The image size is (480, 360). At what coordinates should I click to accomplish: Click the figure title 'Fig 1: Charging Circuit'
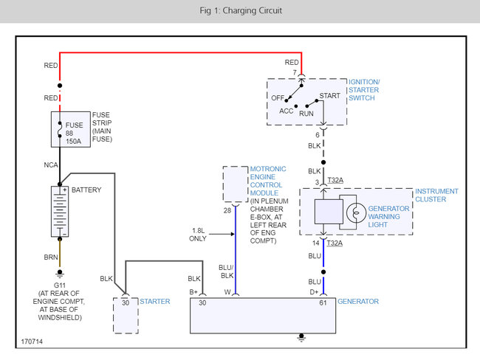(x=239, y=11)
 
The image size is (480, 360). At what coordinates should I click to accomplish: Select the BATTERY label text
(x=86, y=190)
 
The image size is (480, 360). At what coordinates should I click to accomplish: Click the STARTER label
(x=155, y=301)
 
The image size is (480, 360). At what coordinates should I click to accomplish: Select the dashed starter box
(x=125, y=314)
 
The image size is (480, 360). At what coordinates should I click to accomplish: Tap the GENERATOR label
(x=357, y=301)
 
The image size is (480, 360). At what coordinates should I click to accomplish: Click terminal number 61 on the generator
(x=323, y=302)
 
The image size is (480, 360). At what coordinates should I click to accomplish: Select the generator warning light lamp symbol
(x=354, y=212)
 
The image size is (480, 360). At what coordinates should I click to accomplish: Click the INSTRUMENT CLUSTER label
(x=436, y=195)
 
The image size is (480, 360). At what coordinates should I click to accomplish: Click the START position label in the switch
(x=329, y=95)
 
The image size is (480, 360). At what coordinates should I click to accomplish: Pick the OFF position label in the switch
(x=278, y=97)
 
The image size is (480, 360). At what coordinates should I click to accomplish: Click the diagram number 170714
(x=32, y=342)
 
